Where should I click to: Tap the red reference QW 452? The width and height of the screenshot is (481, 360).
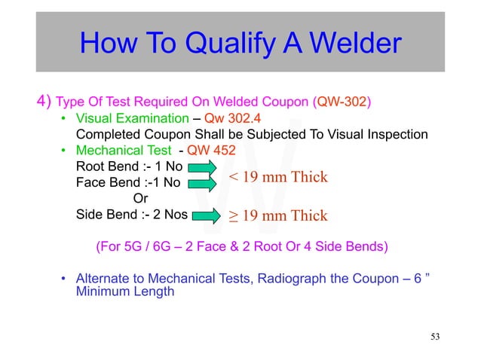point(213,150)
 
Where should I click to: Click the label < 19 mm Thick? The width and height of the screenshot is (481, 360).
point(278,178)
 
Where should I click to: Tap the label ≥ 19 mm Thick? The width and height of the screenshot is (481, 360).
point(278,217)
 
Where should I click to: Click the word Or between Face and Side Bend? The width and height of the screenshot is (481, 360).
point(140,199)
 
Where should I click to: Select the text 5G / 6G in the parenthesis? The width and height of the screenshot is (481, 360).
point(149,246)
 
